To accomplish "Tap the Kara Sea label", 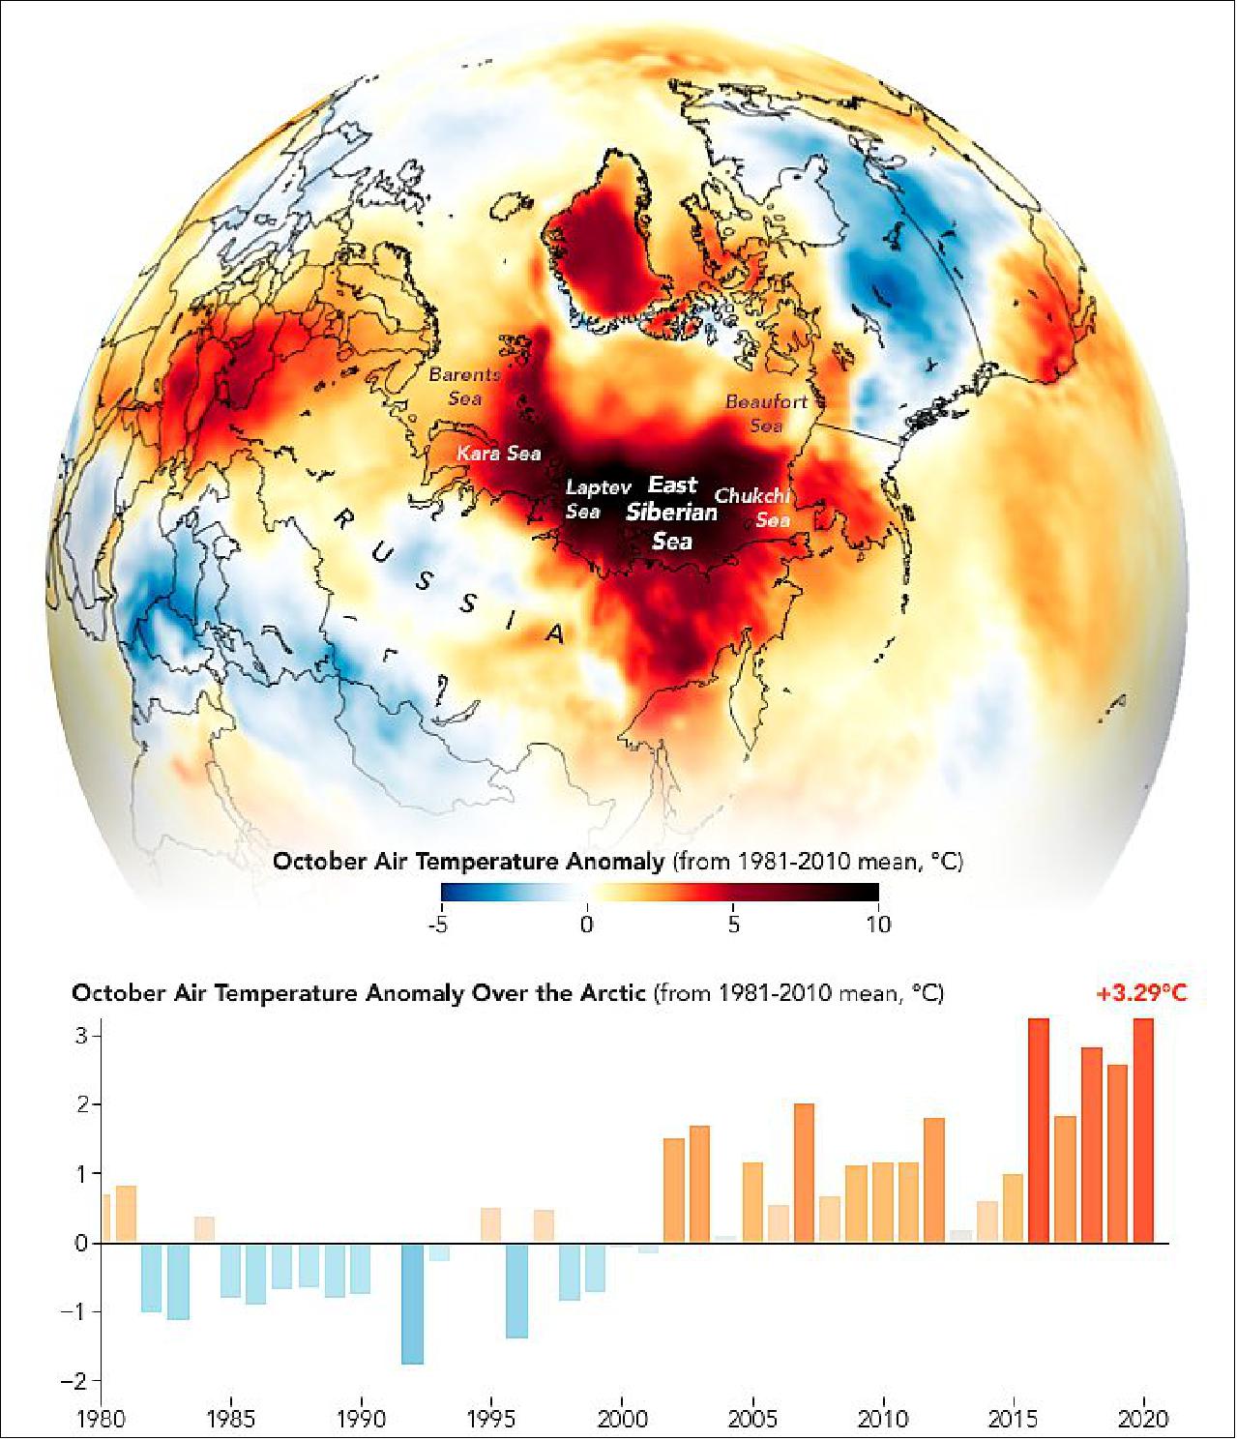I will (498, 454).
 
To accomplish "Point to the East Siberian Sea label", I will (672, 513).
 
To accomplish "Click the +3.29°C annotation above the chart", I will (1140, 993).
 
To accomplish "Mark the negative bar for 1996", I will (516, 1290).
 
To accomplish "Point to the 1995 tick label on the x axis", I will (491, 1419).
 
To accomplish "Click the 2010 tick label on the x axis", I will (883, 1419).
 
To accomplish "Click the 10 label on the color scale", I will (877, 925).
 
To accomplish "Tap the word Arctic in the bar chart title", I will (610, 993).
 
